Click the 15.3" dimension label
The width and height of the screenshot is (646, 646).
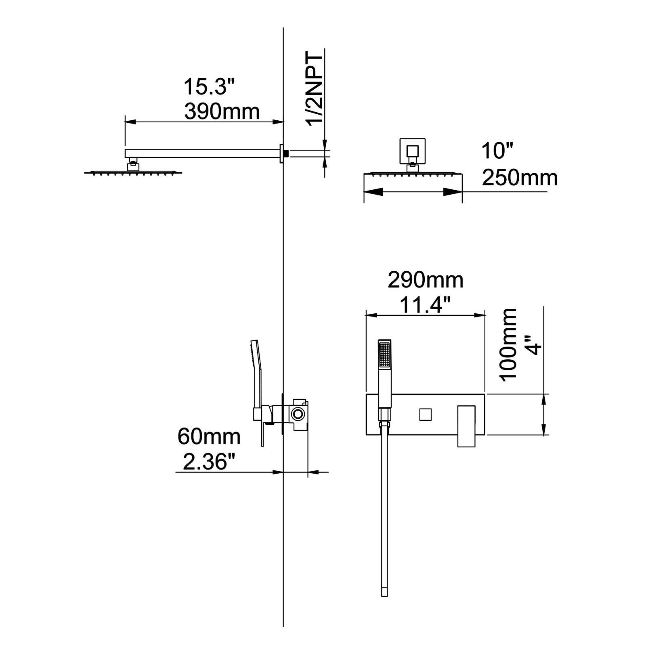pos(209,87)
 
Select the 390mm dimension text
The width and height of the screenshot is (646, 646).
pos(222,111)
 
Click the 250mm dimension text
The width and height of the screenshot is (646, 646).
pos(520,178)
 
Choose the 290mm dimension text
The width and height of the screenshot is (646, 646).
pos(425,280)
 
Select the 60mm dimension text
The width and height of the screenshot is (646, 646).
pos(209,437)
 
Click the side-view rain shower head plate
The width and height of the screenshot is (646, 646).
pos(133,173)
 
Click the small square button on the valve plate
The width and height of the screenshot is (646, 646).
pos(425,414)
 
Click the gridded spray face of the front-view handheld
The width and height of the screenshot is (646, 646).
pos(384,354)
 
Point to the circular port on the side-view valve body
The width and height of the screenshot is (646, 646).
pos(298,414)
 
